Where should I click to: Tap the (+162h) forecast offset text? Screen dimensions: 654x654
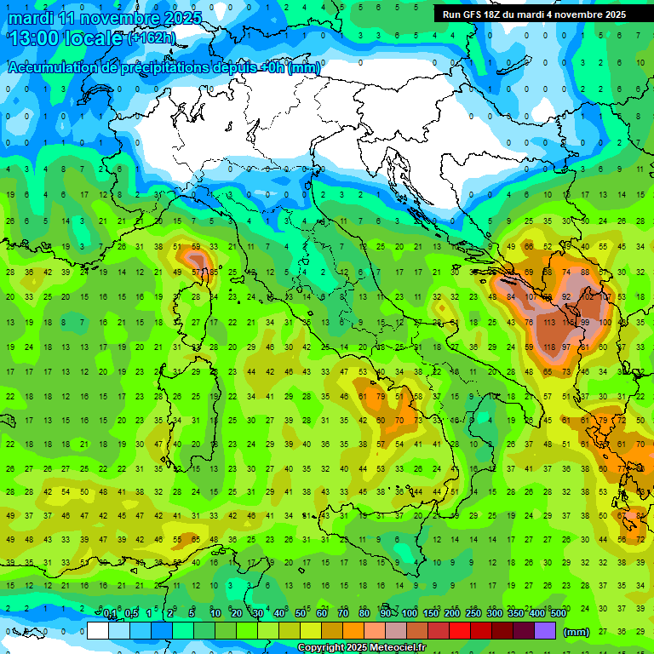(152, 38)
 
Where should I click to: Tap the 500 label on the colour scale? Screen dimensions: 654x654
(558, 613)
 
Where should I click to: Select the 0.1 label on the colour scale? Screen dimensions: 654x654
(110, 613)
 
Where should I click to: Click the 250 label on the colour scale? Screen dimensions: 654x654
(473, 613)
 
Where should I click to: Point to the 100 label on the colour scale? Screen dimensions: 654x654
(409, 613)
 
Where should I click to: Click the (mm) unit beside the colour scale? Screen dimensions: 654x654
(577, 632)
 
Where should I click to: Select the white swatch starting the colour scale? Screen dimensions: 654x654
(98, 631)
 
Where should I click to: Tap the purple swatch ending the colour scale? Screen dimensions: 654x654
(545, 631)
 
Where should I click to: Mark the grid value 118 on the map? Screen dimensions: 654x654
(548, 347)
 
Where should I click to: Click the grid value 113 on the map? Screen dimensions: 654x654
(548, 323)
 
